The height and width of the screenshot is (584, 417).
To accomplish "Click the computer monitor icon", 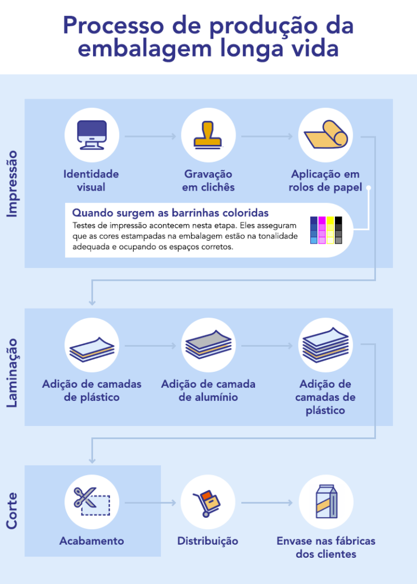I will tap(91, 136).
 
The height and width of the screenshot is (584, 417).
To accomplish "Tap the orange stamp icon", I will tap(208, 136).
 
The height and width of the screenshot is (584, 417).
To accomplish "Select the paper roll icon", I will tap(326, 136).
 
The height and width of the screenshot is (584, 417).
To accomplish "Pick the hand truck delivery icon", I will tap(208, 502).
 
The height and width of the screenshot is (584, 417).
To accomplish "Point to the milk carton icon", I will tap(326, 502).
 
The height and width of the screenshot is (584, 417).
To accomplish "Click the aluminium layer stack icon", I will tap(208, 345).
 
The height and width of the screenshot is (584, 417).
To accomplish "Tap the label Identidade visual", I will tap(91, 180).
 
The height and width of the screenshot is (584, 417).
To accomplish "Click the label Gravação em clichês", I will tap(208, 180).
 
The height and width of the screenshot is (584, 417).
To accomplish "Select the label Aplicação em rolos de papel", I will tap(326, 180).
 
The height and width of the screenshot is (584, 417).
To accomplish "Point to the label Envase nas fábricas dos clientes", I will tap(326, 547).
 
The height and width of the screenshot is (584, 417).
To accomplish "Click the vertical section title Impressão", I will tap(12, 184).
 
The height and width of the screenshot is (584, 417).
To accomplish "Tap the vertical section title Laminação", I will tap(12, 372).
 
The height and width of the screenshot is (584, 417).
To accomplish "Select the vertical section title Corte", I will tap(12, 511).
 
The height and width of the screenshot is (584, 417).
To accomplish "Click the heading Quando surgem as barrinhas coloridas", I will tap(171, 213).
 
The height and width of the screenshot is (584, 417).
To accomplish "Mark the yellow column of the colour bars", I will tap(330, 230).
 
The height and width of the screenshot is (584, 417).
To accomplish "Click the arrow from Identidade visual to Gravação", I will tap(150, 136).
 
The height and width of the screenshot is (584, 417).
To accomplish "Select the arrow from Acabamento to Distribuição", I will tap(150, 502).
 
